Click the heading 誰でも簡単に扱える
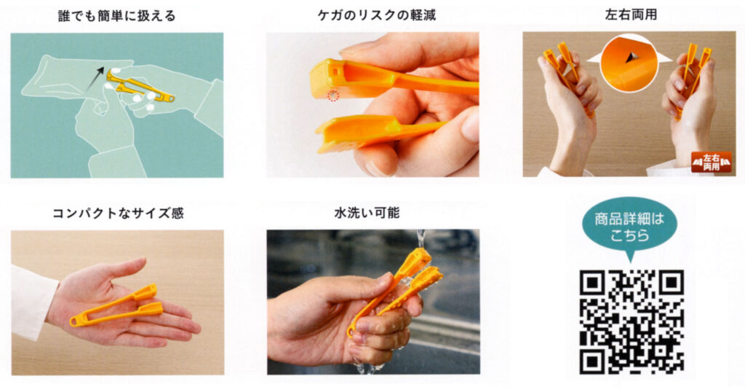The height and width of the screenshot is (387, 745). pyautogui.click(x=117, y=15)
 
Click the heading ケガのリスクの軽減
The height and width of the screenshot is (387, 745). pyautogui.click(x=372, y=15)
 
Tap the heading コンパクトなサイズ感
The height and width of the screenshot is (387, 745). pyautogui.click(x=117, y=214)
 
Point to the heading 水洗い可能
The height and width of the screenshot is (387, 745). pyautogui.click(x=372, y=214)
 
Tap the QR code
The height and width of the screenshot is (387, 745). pyautogui.click(x=631, y=321)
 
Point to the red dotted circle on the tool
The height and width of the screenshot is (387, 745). pyautogui.click(x=333, y=95)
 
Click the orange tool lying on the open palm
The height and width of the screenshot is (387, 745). pyautogui.click(x=116, y=306)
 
